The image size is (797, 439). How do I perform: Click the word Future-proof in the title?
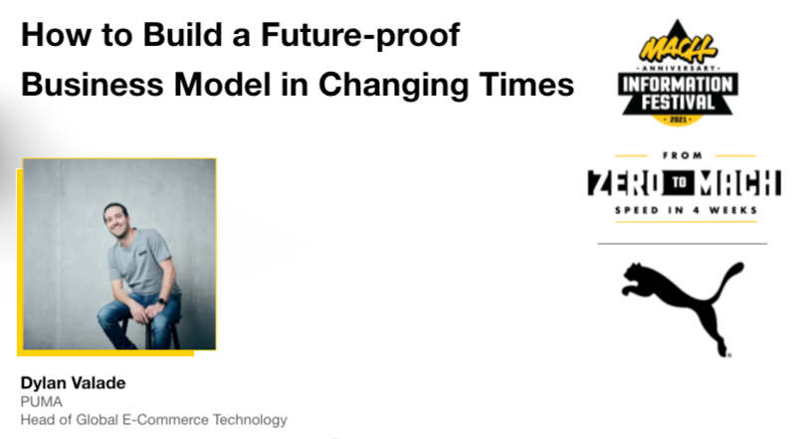click(x=360, y=36)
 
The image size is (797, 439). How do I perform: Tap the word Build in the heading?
click(x=182, y=34)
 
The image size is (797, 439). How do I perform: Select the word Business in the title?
click(x=93, y=84)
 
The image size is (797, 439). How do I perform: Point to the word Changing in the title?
click(x=393, y=86)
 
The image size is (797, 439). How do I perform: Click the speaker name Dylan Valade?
click(x=74, y=383)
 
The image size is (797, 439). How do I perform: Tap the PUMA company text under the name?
click(x=41, y=402)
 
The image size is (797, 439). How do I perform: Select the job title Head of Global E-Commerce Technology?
click(x=153, y=420)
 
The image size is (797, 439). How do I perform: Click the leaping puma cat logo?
click(x=682, y=306)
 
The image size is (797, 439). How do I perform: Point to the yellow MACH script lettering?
click(x=678, y=49)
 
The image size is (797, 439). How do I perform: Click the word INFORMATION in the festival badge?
click(x=678, y=85)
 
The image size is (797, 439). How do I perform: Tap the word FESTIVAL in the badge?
click(x=678, y=103)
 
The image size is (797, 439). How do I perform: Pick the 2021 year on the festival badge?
click(x=678, y=119)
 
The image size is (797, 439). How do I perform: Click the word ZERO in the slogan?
click(x=626, y=182)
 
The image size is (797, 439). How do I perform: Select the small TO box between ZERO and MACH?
click(x=680, y=182)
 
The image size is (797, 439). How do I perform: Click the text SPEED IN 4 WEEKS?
click(x=687, y=210)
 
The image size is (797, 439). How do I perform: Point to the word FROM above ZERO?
click(x=683, y=155)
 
